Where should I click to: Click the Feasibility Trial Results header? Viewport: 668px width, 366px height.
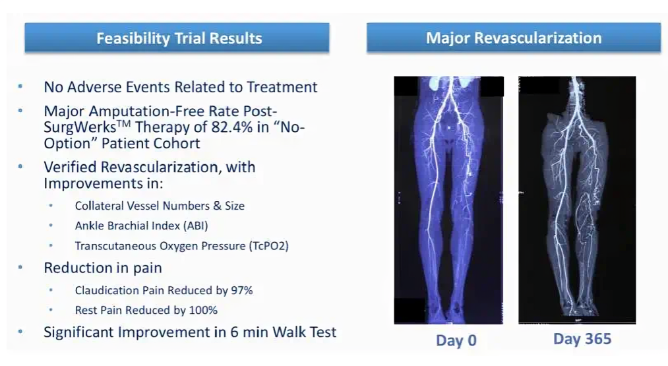click(x=177, y=38)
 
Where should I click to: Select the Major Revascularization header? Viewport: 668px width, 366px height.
click(x=514, y=38)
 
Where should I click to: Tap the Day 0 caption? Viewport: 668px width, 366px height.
click(x=456, y=340)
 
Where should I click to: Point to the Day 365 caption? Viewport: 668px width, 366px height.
click(x=582, y=339)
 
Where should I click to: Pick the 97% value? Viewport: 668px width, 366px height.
click(x=241, y=290)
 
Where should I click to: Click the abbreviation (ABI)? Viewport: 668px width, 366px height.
click(x=196, y=226)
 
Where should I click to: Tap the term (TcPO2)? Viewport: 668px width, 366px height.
click(x=269, y=246)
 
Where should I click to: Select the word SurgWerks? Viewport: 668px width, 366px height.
click(x=80, y=127)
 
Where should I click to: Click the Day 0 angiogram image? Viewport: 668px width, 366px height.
click(x=448, y=200)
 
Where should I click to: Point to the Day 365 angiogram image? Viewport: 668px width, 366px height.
click(x=577, y=200)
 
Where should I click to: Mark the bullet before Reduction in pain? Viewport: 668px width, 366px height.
click(x=20, y=268)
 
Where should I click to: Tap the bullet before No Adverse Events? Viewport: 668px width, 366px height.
click(x=20, y=86)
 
